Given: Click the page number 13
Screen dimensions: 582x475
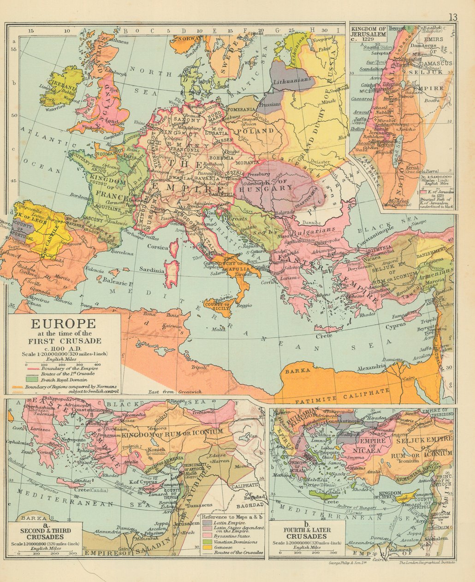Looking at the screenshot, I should tap(453, 17).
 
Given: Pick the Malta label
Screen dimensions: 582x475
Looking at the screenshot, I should tap(219, 329).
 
